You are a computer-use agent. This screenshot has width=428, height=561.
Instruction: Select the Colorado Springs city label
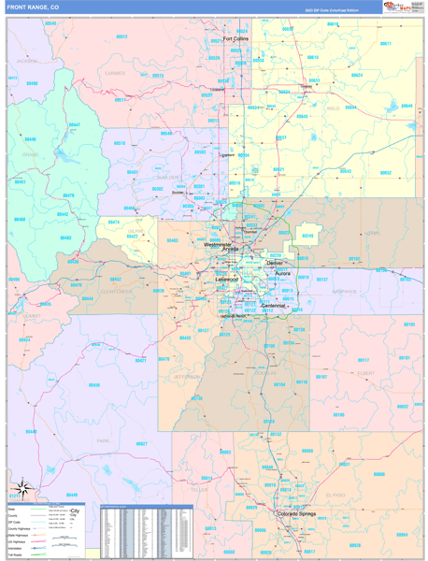301,513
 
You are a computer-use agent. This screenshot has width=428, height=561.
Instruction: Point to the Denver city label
275,263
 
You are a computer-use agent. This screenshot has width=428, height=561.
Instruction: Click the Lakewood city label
227,280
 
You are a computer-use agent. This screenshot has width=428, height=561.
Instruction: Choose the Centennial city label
274,306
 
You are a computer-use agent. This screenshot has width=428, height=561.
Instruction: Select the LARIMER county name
116,72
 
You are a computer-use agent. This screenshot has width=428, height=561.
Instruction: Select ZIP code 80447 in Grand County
74,124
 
